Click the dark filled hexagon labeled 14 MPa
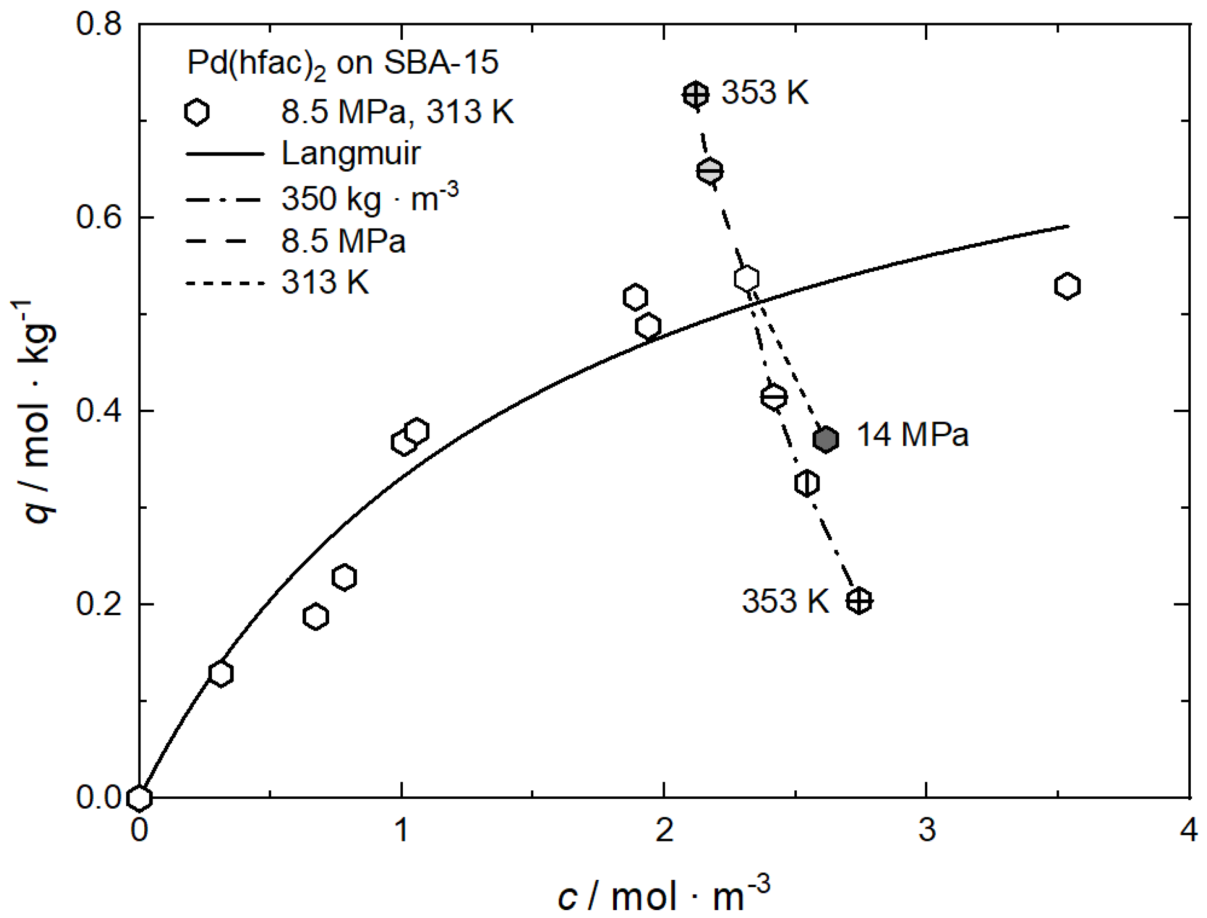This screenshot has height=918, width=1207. point(825,439)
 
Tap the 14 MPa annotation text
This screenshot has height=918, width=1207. point(912,435)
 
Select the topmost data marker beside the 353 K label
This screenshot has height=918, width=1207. point(696,95)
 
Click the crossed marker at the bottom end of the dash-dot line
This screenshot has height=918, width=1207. point(859,601)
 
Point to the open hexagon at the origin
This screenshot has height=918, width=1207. point(139,798)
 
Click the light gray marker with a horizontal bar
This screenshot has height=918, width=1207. point(709,172)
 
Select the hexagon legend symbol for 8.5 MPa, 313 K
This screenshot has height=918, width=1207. point(197,112)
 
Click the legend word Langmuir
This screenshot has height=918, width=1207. point(351,154)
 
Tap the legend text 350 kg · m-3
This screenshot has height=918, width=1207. point(369,197)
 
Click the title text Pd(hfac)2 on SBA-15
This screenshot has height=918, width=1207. point(342,63)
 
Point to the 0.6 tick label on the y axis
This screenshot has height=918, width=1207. point(98,217)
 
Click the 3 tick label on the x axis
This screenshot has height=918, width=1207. point(927,830)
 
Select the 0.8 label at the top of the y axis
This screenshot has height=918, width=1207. point(98,24)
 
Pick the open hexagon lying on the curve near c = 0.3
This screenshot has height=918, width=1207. point(221,674)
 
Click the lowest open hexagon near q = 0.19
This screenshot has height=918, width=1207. point(315,617)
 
